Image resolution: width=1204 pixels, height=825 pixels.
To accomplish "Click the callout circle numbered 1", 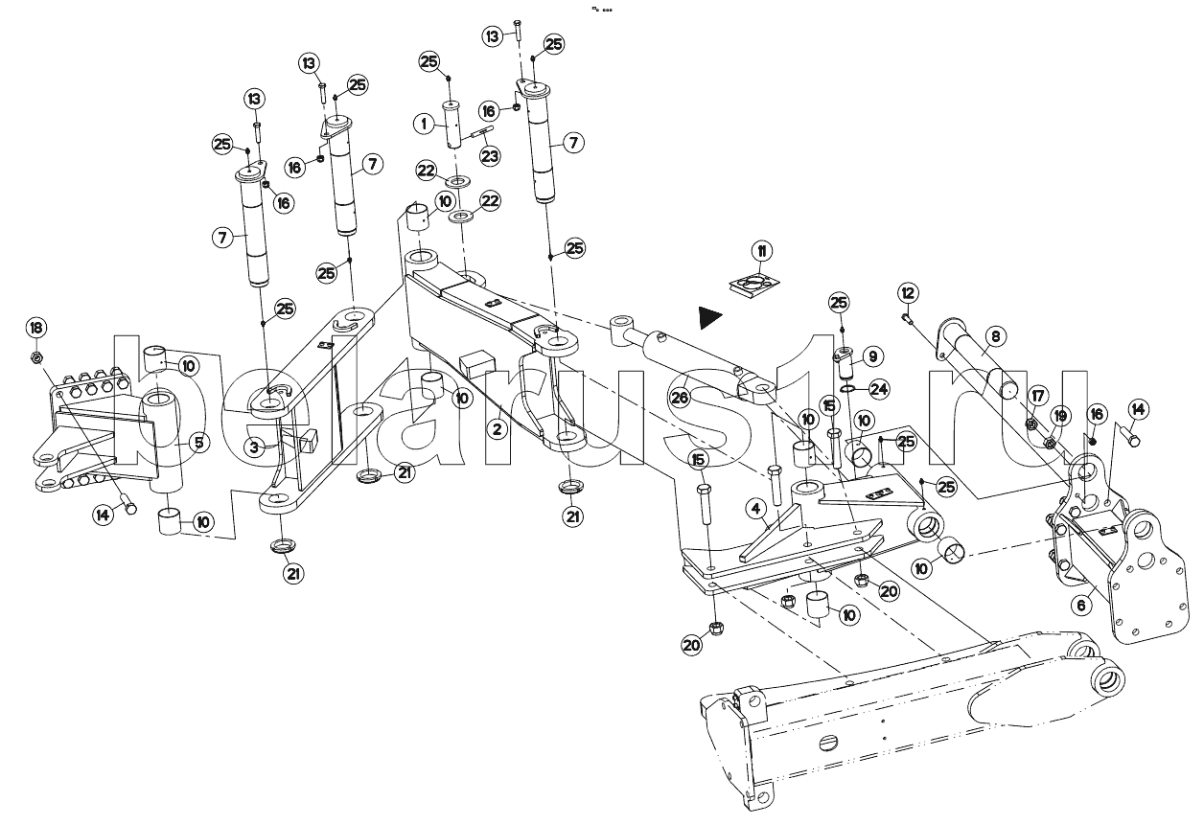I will click(x=422, y=124).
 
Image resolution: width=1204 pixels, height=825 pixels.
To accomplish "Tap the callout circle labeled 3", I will click(x=254, y=447).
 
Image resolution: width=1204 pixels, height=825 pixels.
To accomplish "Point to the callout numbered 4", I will click(x=755, y=507).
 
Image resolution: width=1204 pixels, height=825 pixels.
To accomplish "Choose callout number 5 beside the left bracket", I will click(x=198, y=442).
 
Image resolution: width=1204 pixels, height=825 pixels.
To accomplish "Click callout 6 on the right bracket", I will click(x=1081, y=606).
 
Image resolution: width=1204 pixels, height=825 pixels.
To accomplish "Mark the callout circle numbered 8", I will click(x=995, y=336).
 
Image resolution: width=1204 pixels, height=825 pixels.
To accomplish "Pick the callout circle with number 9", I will click(x=871, y=356).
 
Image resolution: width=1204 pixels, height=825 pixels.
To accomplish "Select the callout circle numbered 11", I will click(x=760, y=252).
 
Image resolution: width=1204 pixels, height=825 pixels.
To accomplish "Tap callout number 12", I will click(x=908, y=291).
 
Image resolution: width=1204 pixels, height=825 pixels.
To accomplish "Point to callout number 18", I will click(x=36, y=328).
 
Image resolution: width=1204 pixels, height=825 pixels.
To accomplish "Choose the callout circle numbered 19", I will click(x=1059, y=416).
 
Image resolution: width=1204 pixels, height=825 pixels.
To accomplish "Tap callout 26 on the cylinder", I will click(x=680, y=399).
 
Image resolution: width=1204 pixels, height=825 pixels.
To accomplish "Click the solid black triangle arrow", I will click(x=709, y=315).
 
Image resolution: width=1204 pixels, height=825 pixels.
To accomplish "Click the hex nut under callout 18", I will click(x=35, y=358).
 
